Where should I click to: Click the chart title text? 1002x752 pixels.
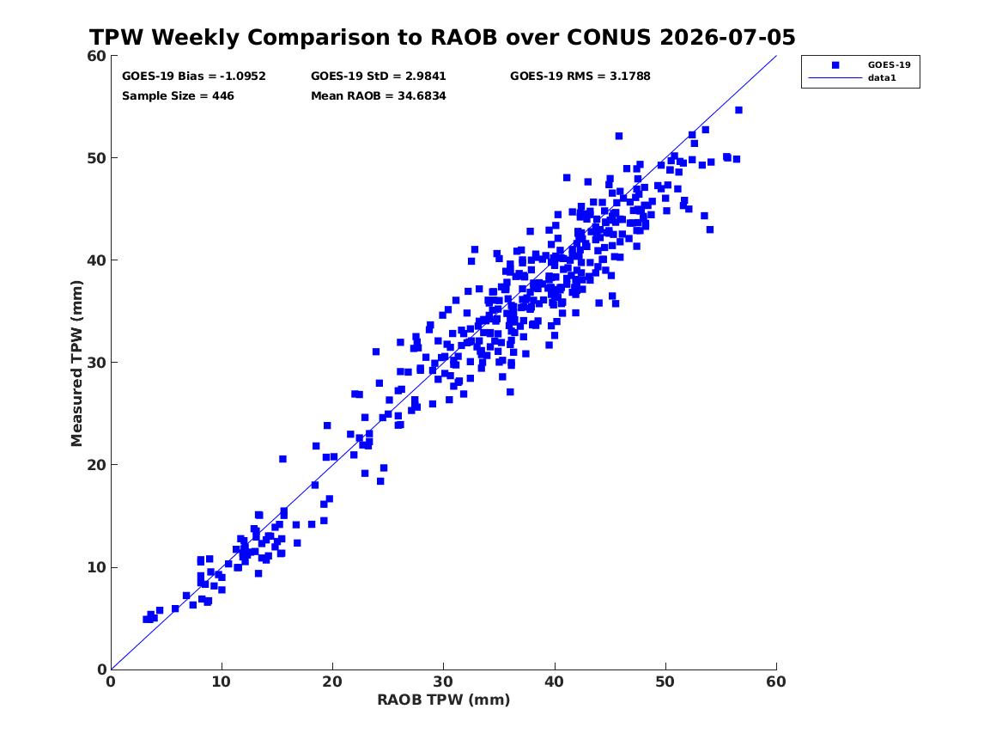[x=442, y=37]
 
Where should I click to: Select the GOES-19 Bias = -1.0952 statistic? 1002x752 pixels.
[x=194, y=76]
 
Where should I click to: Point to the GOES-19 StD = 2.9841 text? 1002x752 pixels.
[x=379, y=76]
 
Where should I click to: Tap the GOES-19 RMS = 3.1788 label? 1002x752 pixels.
[x=580, y=76]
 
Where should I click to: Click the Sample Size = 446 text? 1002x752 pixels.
[x=178, y=96]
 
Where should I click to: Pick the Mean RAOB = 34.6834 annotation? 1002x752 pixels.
[x=379, y=96]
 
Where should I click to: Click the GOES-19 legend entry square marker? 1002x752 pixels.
[x=835, y=65]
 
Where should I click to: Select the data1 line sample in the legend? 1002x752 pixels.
[x=835, y=78]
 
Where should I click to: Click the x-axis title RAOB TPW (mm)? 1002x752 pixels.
[x=444, y=700]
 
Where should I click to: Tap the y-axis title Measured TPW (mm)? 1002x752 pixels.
[x=76, y=364]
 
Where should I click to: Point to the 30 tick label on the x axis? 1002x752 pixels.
[x=444, y=682]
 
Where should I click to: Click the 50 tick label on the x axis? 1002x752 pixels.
[x=665, y=682]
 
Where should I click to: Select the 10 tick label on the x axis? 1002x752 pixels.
[x=222, y=682]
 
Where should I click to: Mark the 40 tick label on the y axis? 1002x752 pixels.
[x=97, y=260]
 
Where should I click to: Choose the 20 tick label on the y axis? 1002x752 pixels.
[x=97, y=465]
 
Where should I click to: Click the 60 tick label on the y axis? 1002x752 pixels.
[x=97, y=56]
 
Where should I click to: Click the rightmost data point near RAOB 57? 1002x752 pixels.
[x=738, y=110]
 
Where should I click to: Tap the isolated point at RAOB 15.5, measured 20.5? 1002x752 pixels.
[x=282, y=459]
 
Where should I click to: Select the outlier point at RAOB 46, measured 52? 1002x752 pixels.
[x=618, y=136]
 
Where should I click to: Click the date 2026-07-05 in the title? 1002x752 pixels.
[x=727, y=37]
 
